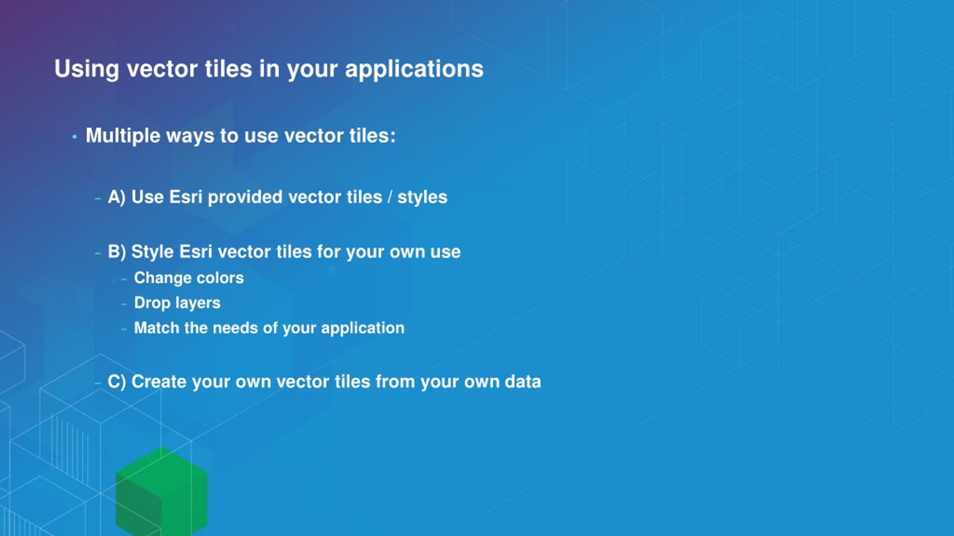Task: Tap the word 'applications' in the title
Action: pos(414,69)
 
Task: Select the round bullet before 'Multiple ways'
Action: pos(75,137)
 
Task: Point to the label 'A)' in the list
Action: pos(117,197)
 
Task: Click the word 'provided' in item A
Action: pos(245,197)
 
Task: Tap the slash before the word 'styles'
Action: pos(390,197)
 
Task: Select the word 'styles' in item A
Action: pos(422,197)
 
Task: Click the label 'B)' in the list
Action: pos(117,252)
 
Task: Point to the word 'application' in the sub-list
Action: pos(363,328)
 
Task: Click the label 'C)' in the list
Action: pos(117,382)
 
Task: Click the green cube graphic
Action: pos(161,491)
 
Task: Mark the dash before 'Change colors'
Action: pos(124,279)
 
